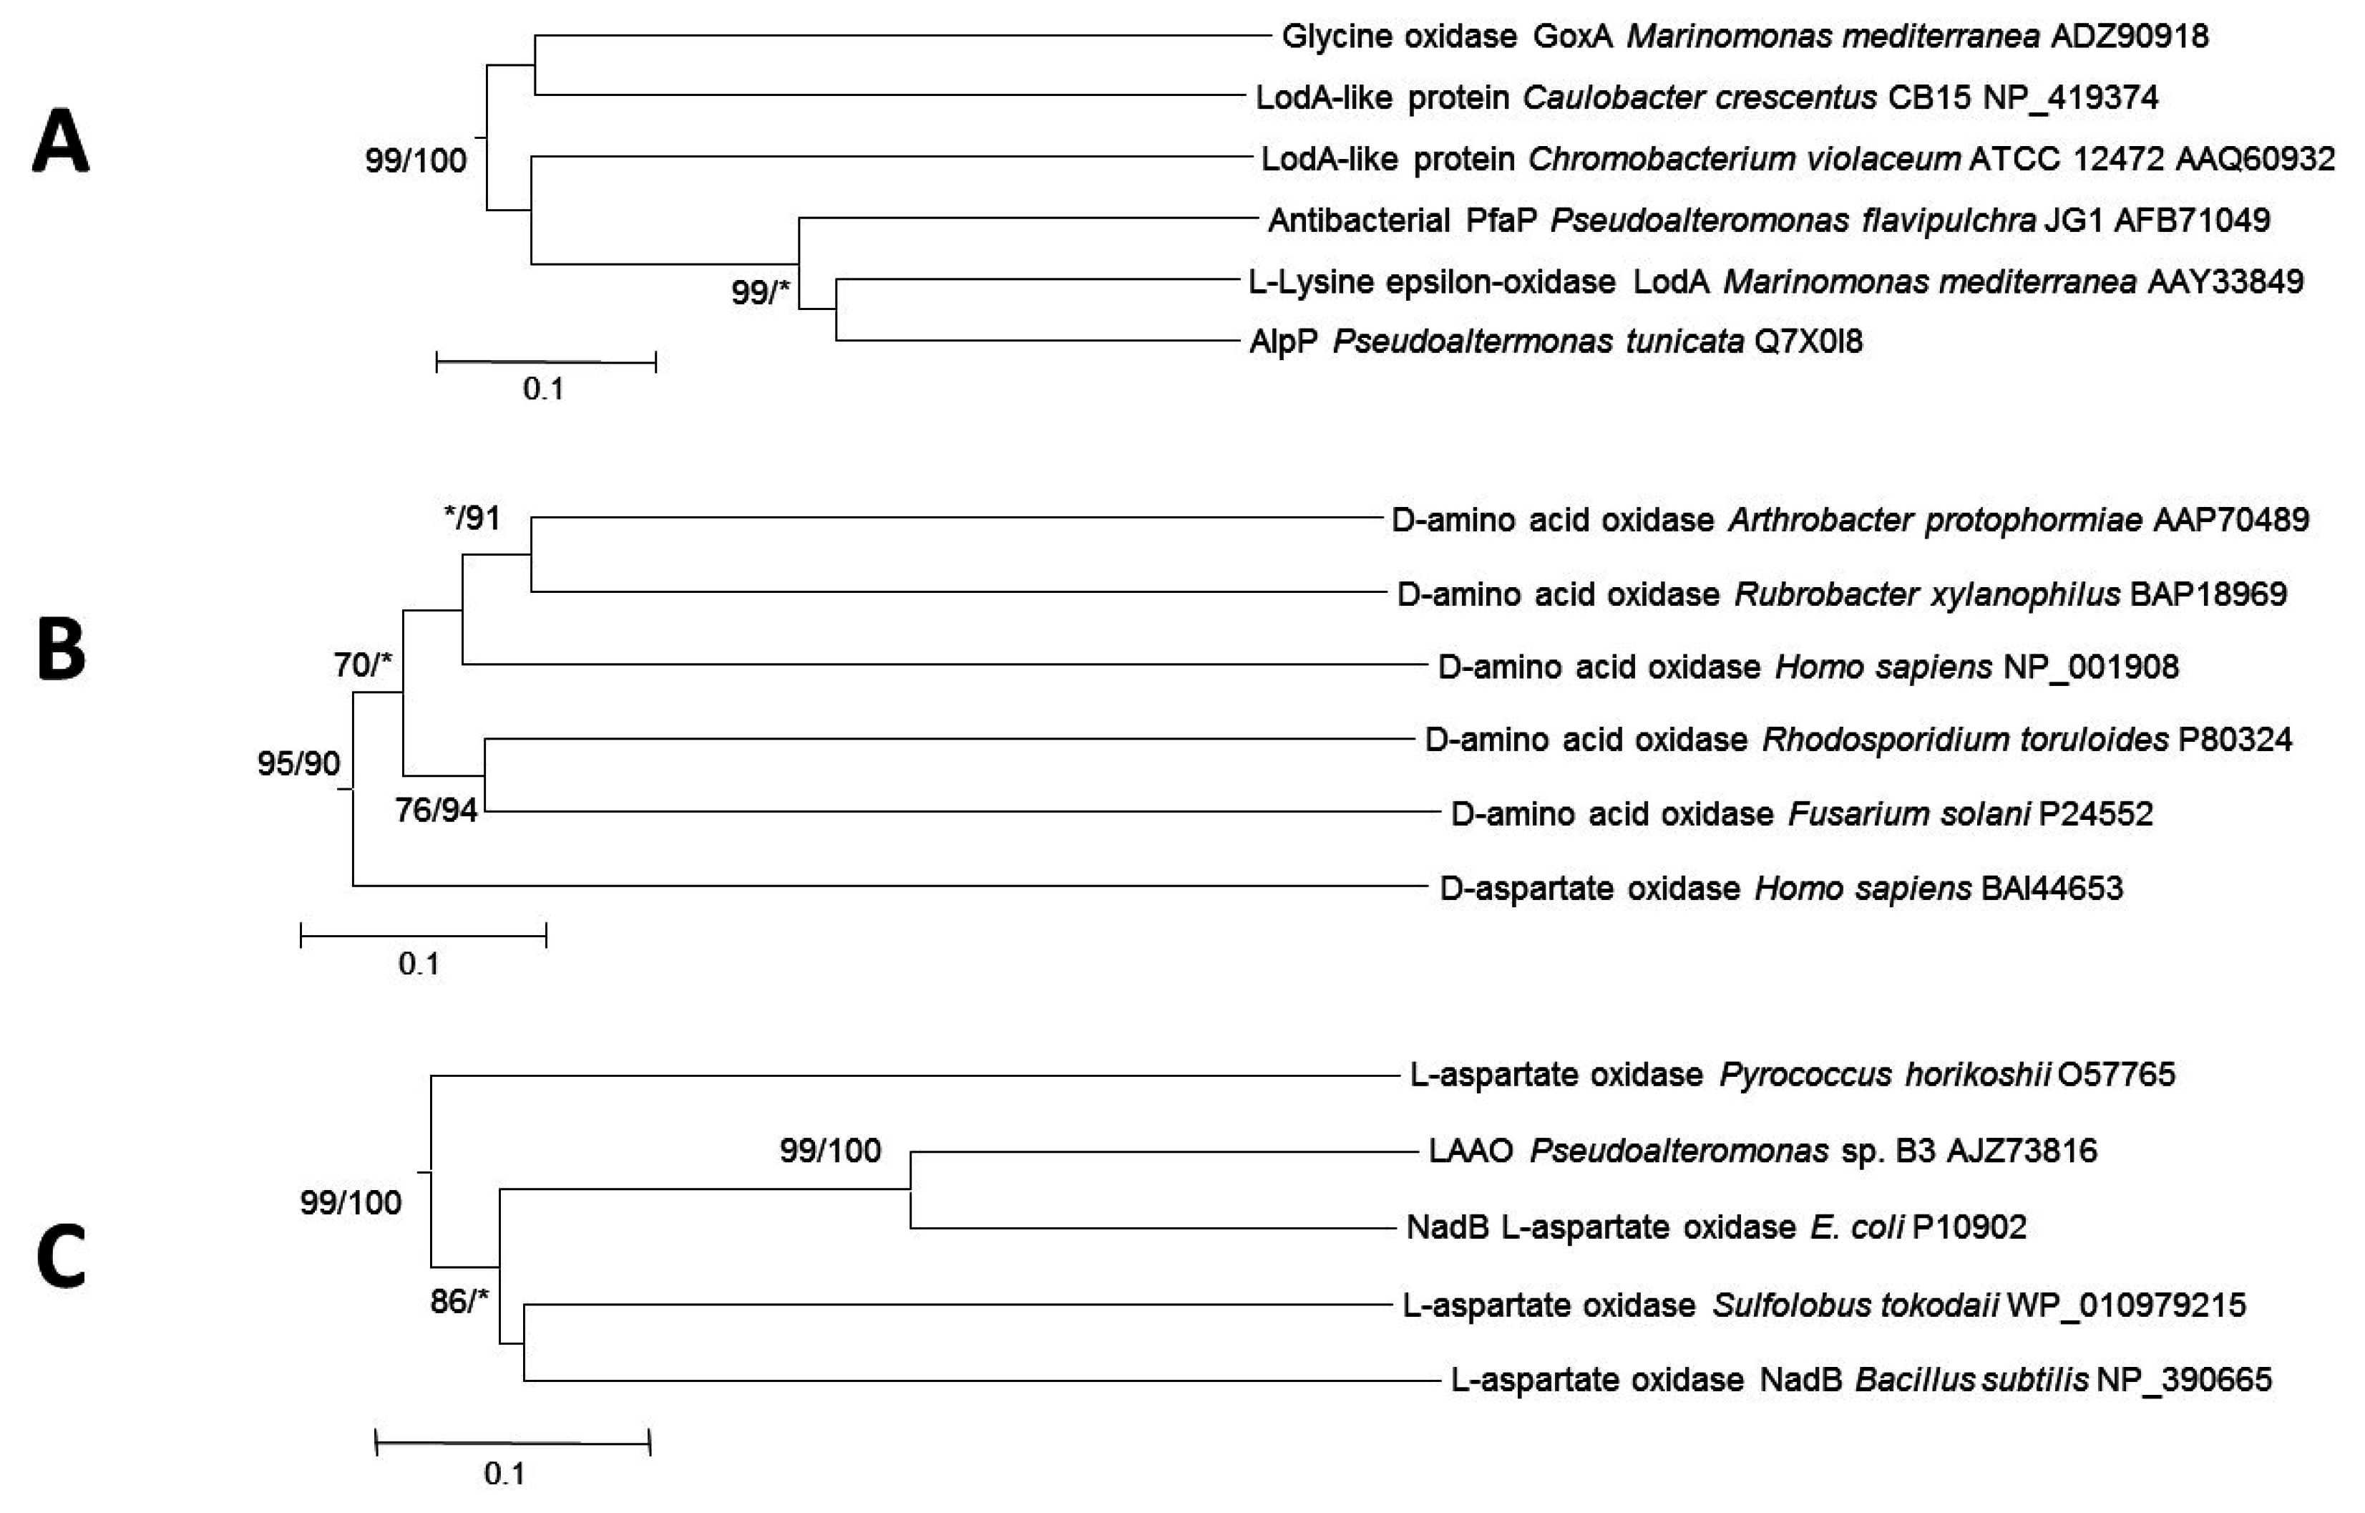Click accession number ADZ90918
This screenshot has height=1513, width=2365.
pyautogui.click(x=2130, y=37)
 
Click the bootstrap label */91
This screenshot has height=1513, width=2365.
pyautogui.click(x=472, y=518)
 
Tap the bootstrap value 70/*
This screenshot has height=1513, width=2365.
pyautogui.click(x=362, y=665)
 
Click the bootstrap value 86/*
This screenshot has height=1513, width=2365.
pyautogui.click(x=459, y=1302)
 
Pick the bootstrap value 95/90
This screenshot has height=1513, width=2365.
pyautogui.click(x=298, y=763)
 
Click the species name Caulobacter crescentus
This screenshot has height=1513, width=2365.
pyautogui.click(x=1700, y=97)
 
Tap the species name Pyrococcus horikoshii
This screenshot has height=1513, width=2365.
pyautogui.click(x=1883, y=1074)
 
